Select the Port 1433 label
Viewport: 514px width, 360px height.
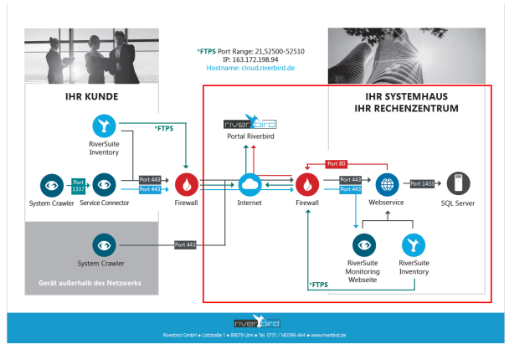[x=421, y=183]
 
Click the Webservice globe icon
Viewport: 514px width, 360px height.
[x=386, y=183]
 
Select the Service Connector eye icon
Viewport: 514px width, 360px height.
[x=104, y=183]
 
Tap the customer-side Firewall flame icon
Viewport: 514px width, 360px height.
[x=185, y=183]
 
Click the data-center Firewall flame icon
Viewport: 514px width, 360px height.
[x=308, y=183]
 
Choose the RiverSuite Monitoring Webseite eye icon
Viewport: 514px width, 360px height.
[x=363, y=244]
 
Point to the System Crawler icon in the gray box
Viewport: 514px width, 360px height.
[x=104, y=244]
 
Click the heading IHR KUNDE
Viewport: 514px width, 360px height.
[x=91, y=96]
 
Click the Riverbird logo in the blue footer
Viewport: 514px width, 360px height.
[x=257, y=322]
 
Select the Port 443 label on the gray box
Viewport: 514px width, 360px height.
[x=185, y=244]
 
